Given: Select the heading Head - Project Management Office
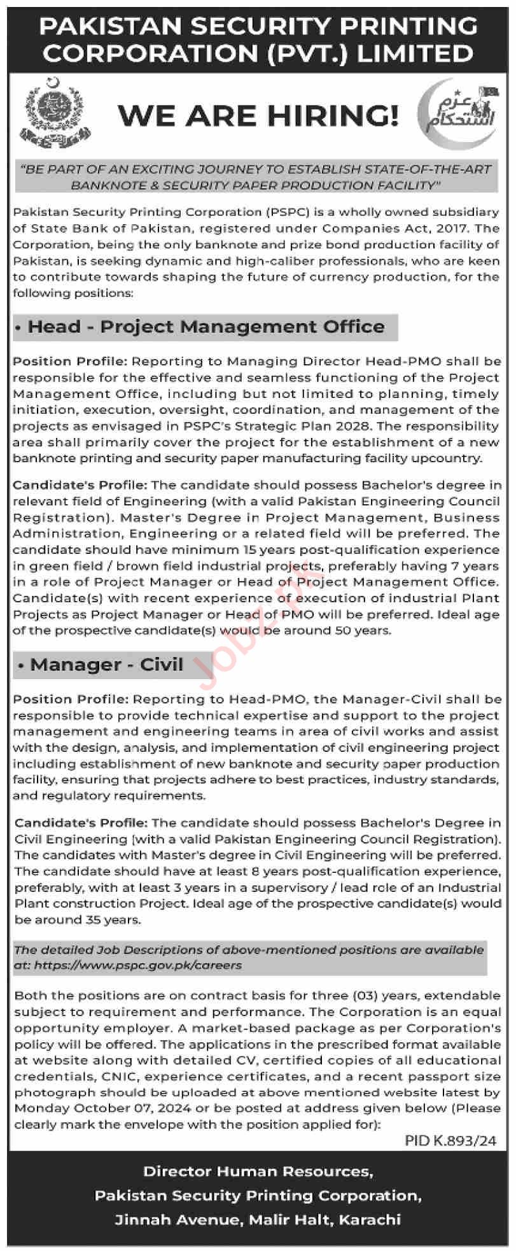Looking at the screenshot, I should (x=206, y=327).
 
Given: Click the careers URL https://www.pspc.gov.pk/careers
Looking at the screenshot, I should (x=138, y=965).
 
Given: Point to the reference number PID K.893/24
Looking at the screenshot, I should (x=450, y=1141).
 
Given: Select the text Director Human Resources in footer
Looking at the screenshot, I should (x=258, y=1171).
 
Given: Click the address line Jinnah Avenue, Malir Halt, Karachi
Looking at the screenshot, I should (x=258, y=1220).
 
